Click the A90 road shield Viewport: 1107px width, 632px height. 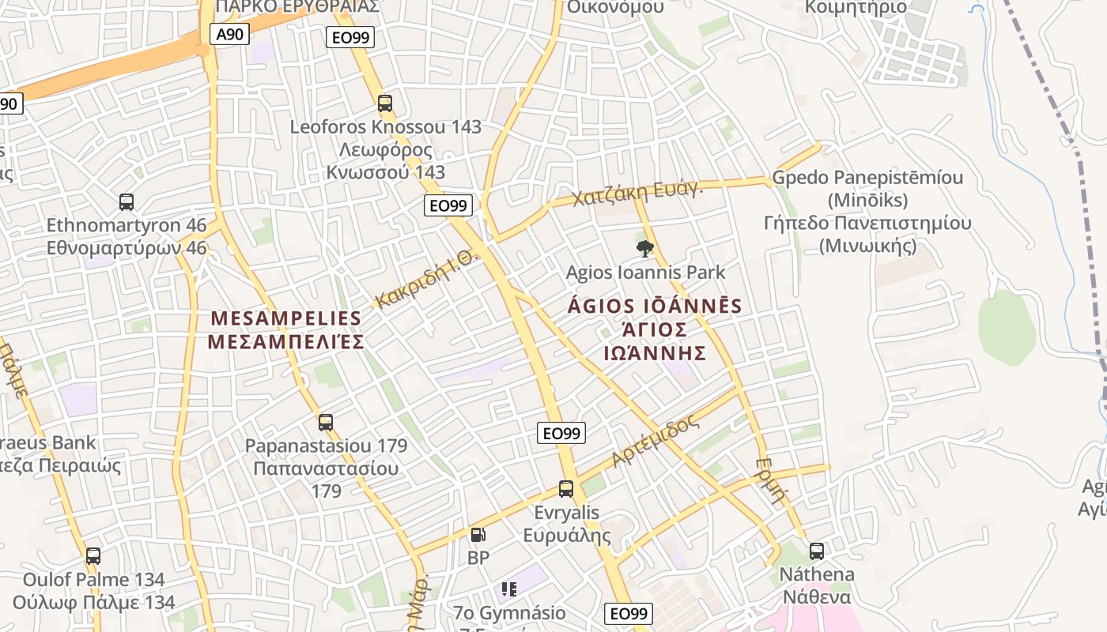pyautogui.click(x=230, y=33)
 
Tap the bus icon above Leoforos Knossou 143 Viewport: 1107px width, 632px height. pyautogui.click(x=385, y=103)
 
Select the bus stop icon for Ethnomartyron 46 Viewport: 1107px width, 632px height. pyautogui.click(x=127, y=202)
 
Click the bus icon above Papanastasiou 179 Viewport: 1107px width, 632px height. pyautogui.click(x=326, y=423)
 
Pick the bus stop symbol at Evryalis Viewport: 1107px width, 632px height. pyautogui.click(x=566, y=489)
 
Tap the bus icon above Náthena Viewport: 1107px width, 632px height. pyautogui.click(x=817, y=551)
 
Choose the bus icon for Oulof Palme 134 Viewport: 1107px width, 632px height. pyautogui.click(x=93, y=556)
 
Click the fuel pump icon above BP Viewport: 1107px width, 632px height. pyautogui.click(x=478, y=535)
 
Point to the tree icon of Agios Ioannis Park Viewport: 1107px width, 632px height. pyautogui.click(x=645, y=250)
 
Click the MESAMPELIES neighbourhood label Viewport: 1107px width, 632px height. pyautogui.click(x=285, y=319)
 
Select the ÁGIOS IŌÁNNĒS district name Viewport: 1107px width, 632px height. pyautogui.click(x=655, y=307)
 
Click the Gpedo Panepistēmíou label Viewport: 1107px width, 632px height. pyautogui.click(x=867, y=177)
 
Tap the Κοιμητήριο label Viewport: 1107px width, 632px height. pyautogui.click(x=856, y=7)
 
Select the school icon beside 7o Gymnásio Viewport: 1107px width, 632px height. pyautogui.click(x=509, y=589)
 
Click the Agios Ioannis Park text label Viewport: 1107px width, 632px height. pyautogui.click(x=645, y=273)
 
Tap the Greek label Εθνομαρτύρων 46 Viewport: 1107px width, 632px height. pyautogui.click(x=127, y=248)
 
